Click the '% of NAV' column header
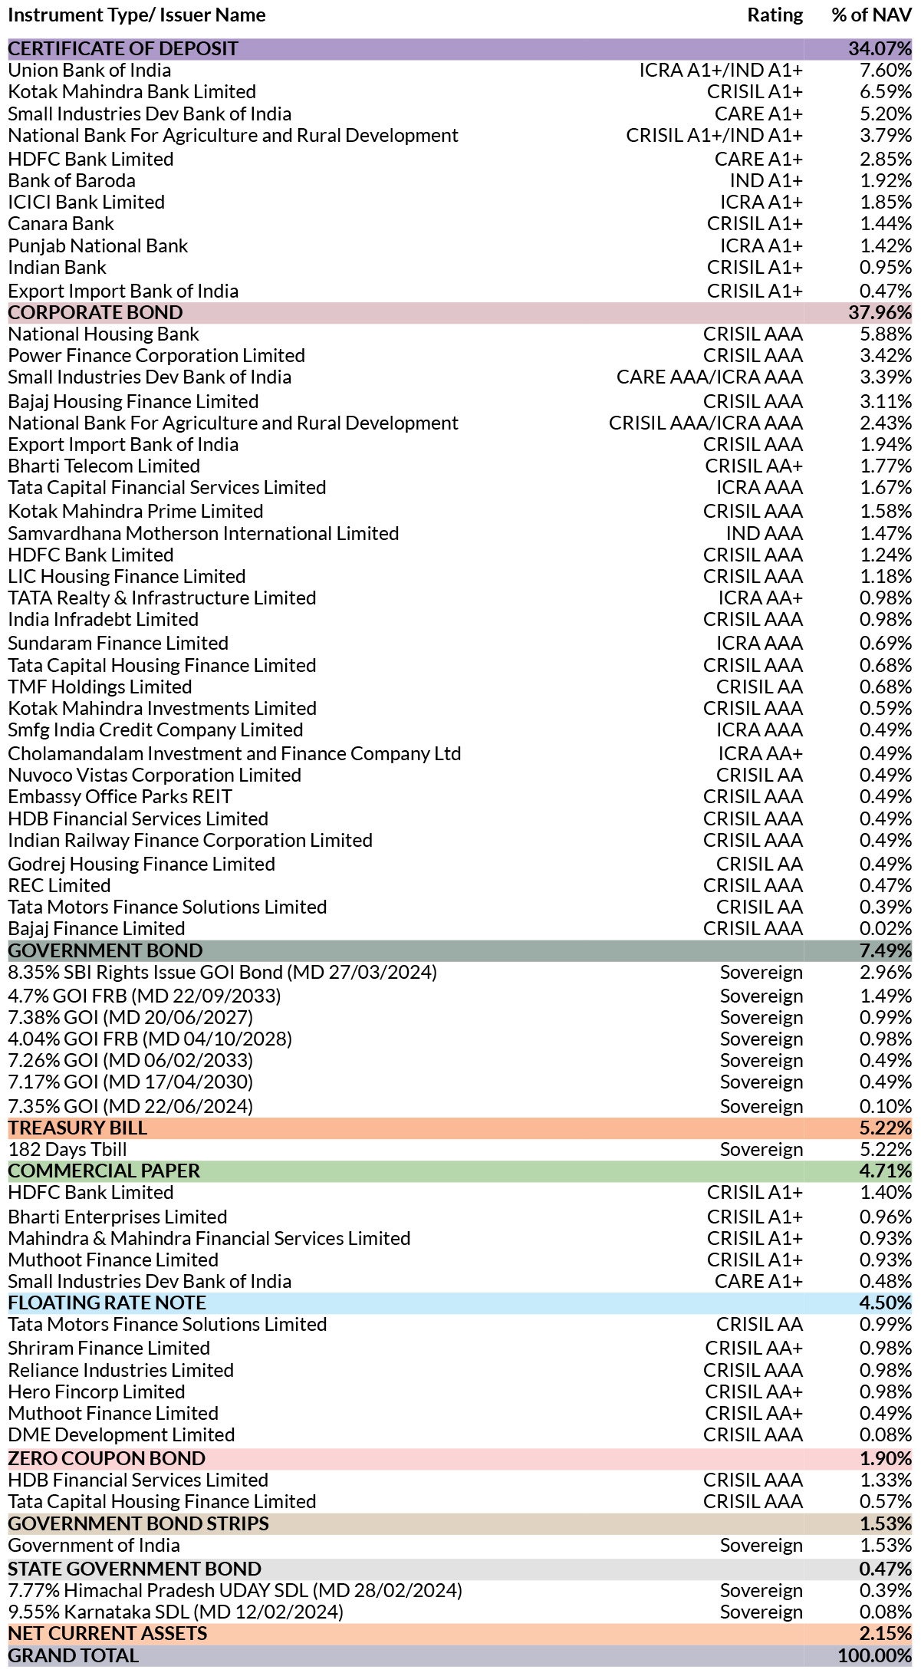(871, 15)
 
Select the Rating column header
(775, 15)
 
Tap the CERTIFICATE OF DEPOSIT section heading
(123, 48)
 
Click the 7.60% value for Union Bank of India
(886, 71)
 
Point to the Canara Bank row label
(61, 224)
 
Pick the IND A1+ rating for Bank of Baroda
(766, 181)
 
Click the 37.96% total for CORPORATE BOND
(880, 313)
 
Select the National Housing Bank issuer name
(104, 334)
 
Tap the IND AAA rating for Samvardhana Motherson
(765, 534)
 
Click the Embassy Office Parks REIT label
(120, 797)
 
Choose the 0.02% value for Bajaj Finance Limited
(886, 929)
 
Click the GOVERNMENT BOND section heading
(106, 951)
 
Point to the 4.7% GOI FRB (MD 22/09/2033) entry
(145, 996)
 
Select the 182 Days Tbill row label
(67, 1150)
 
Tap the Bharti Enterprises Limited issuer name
(118, 1217)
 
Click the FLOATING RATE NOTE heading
(107, 1303)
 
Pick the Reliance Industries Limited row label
(121, 1371)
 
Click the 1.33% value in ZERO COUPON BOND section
(886, 1480)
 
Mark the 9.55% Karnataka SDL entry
(176, 1612)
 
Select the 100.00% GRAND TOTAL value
(875, 1656)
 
